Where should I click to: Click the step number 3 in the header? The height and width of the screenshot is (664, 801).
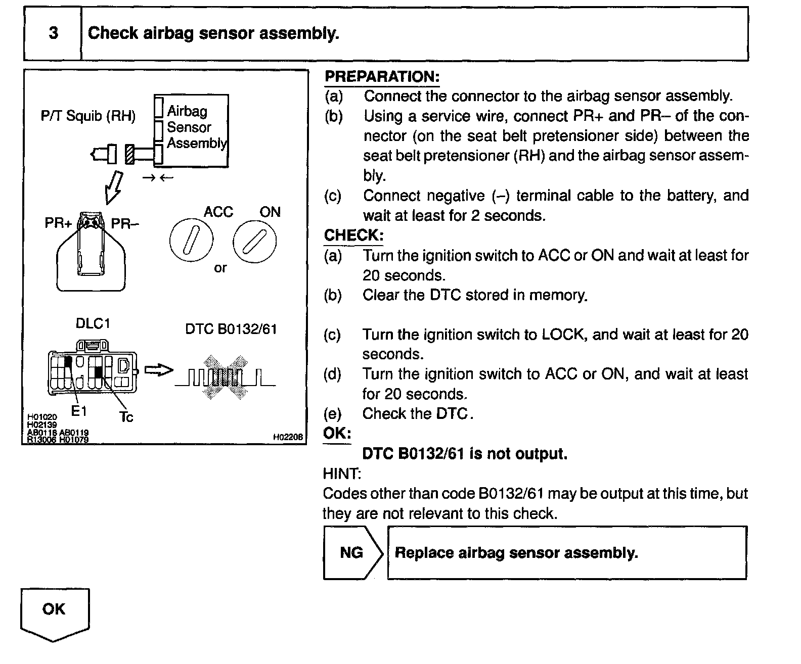point(53,33)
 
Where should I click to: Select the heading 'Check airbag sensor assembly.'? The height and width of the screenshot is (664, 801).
point(213,33)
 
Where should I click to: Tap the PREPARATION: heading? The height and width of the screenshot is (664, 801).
point(382,77)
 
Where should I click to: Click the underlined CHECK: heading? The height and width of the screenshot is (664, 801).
point(353,235)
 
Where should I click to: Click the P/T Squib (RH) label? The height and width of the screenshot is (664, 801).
point(88,116)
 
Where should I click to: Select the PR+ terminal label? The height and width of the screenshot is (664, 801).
point(58,223)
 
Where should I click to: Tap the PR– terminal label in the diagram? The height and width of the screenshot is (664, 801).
point(124,223)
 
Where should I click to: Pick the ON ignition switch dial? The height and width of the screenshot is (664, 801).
point(255,241)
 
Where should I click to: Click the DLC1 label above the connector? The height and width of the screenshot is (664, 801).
point(93,323)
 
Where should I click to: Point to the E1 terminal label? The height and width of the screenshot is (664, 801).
point(79,411)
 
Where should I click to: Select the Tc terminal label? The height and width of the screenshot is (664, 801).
point(126,417)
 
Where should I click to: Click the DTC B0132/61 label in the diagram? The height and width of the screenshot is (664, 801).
point(231,329)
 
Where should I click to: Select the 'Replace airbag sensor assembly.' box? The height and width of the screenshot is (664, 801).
point(566,552)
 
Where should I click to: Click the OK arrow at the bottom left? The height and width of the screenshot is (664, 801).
point(54,612)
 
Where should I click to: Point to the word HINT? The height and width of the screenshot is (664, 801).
point(342,473)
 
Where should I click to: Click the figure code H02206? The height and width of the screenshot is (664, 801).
point(287,437)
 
